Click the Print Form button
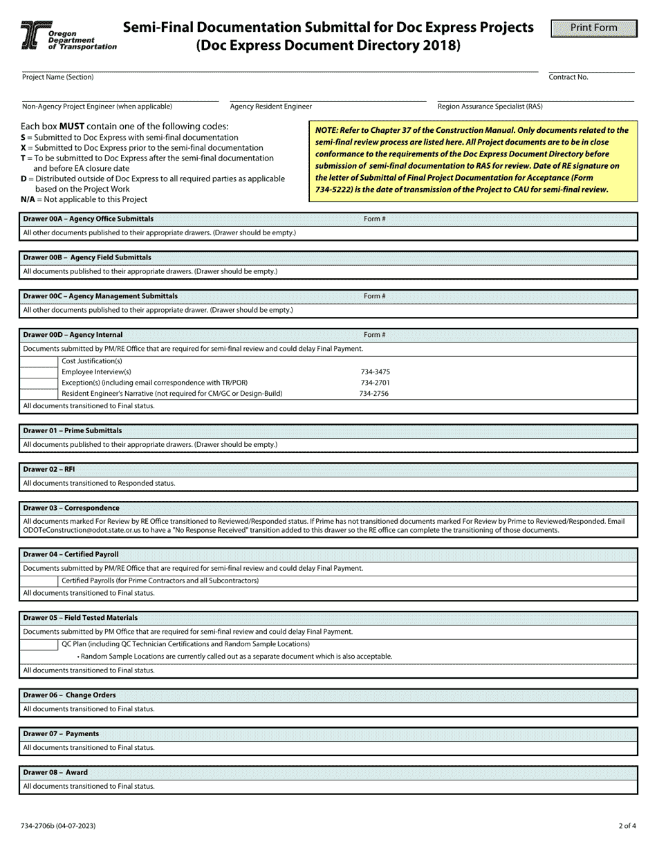pos(593,28)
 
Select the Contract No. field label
pos(568,77)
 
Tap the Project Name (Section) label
pos(57,77)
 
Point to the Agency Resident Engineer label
pos(270,107)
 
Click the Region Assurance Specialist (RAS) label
pos(490,107)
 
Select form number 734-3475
pos(375,372)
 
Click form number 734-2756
pos(373,394)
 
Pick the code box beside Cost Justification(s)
pos(39,361)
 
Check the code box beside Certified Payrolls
pos(39,580)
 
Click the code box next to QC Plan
pos(39,644)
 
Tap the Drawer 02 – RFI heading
pos(49,469)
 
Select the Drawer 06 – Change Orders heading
pos(69,695)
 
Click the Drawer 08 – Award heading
pos(55,772)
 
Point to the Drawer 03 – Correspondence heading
pos(71,508)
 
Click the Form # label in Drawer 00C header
pos(374,296)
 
